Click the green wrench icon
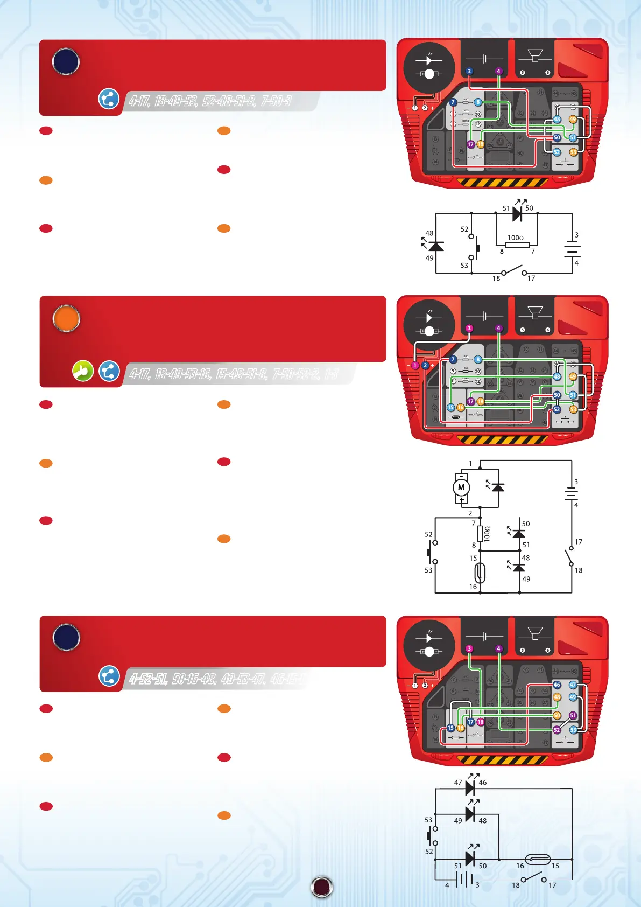[83, 371]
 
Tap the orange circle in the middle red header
[66, 319]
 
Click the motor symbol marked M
[461, 488]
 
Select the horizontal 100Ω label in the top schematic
[516, 238]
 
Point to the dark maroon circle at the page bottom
[322, 887]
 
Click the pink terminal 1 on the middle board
[415, 366]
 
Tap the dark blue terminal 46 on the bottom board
[557, 685]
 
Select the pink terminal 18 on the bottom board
[481, 722]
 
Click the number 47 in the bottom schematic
[458, 783]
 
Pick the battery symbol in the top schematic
[572, 249]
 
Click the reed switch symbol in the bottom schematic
[537, 859]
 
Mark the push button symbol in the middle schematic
[431, 553]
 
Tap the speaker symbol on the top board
[535, 56]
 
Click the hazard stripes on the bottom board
[502, 760]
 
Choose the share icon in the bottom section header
[109, 676]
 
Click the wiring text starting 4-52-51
[215, 679]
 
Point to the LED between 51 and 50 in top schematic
[517, 214]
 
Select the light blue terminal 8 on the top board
[478, 102]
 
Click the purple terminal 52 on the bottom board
[557, 730]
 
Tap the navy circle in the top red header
[66, 62]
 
